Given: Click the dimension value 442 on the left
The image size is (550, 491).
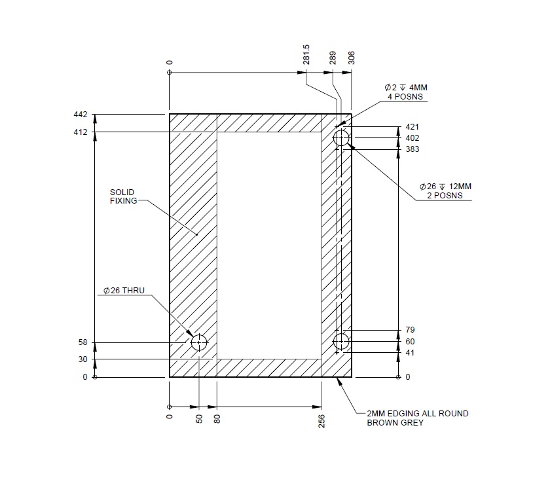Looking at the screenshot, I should tap(81, 115).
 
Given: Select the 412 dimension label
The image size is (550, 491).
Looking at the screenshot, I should tap(81, 133).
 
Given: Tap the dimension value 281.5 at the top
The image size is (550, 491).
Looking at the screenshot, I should tap(306, 59).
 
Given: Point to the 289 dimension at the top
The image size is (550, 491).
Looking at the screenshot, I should tap(333, 59).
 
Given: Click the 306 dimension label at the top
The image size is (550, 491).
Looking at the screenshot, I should tap(352, 59).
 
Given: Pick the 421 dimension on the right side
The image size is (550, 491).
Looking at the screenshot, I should tap(412, 127).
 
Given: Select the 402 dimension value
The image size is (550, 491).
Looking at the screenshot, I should tap(412, 138).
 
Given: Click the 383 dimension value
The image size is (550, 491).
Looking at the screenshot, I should tap(412, 149).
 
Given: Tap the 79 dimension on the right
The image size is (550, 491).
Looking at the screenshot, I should tap(411, 330).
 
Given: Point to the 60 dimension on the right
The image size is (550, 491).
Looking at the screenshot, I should tap(411, 342).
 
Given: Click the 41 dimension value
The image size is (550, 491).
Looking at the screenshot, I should tap(411, 353).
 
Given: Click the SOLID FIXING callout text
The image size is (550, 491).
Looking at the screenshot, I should tap(122, 196).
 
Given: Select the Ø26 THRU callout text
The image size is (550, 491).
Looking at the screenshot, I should tap(124, 290).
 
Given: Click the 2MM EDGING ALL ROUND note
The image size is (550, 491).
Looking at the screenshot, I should tap(418, 418).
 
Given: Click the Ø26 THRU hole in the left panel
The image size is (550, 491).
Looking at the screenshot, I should tap(198, 342).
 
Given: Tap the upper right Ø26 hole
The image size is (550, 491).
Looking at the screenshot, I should tap(341, 138).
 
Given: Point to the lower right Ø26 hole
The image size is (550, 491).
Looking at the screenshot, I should tap(341, 342).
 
